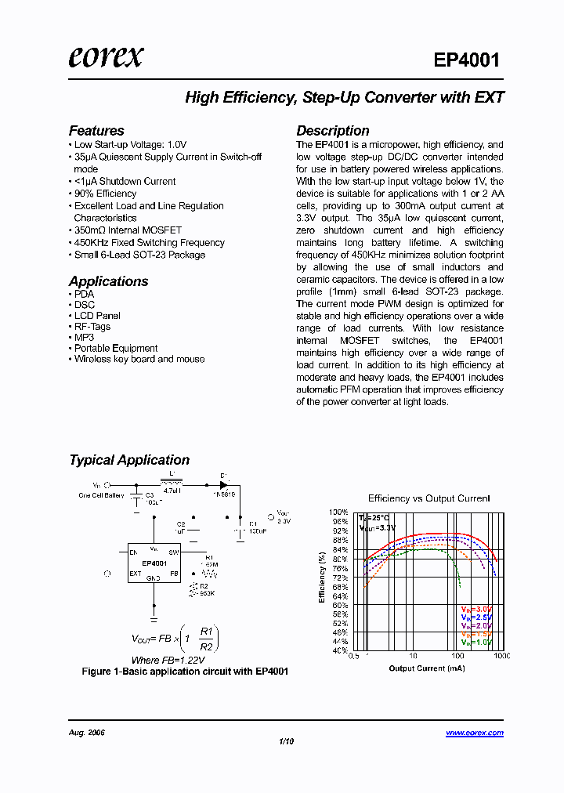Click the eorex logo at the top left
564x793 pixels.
[105, 57]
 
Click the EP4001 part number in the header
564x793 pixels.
[467, 60]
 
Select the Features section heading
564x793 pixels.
[96, 131]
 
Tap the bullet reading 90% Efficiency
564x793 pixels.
[105, 194]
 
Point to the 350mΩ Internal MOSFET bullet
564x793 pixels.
[128, 230]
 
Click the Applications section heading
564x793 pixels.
[108, 281]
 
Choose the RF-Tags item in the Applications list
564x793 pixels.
[92, 327]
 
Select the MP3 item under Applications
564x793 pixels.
[84, 338]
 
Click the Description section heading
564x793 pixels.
[332, 131]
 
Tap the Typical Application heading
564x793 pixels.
[129, 460]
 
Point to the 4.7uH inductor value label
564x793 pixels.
[172, 491]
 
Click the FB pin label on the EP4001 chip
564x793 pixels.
[174, 574]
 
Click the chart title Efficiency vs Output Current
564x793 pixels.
[428, 498]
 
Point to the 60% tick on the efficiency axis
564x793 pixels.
[339, 605]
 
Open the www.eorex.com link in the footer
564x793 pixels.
[475, 733]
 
